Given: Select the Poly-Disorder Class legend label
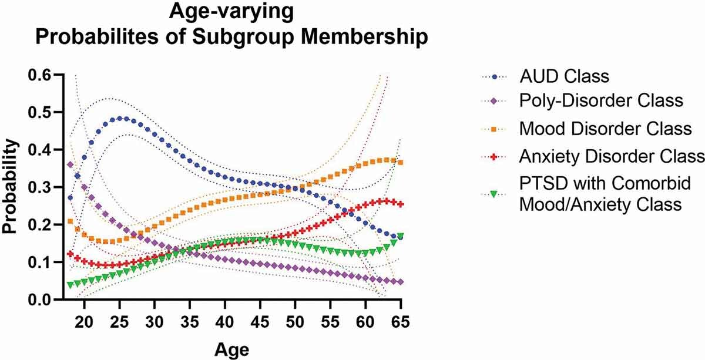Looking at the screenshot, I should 602,101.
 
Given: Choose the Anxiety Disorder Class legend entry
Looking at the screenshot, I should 612,156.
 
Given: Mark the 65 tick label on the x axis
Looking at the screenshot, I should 401,323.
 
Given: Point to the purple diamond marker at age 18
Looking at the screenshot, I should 70,164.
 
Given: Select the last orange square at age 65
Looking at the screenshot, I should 401,163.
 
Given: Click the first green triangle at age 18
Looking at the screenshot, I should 70,285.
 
